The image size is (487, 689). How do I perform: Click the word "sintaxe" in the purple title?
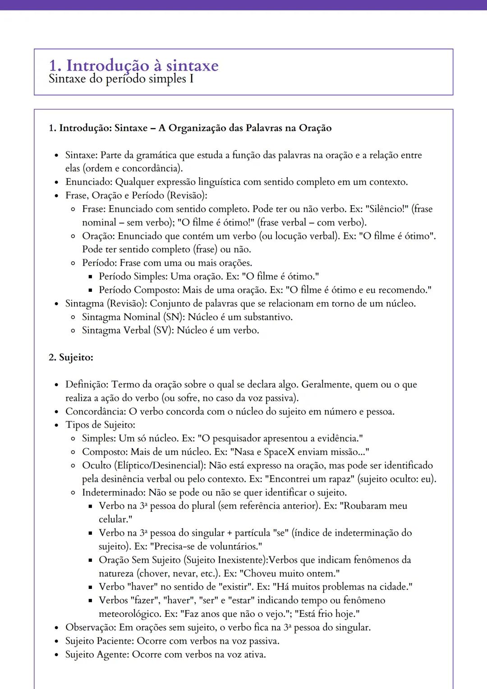(192, 66)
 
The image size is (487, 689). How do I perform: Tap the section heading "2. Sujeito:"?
(71, 358)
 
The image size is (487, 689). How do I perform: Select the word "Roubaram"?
(365, 506)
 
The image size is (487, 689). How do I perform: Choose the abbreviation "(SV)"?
(163, 331)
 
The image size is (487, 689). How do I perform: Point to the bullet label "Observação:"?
(91, 628)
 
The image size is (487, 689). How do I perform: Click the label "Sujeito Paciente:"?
(100, 641)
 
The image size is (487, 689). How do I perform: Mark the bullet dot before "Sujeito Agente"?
(56, 655)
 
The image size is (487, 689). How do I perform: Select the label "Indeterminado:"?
(114, 492)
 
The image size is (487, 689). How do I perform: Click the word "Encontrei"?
(287, 479)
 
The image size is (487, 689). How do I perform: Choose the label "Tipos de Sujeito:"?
(100, 425)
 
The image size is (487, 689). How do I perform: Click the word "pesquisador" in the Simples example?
(237, 439)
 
